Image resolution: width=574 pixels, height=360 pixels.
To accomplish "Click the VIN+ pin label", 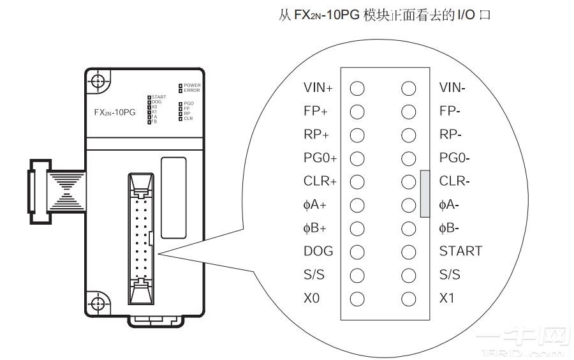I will (x=318, y=87).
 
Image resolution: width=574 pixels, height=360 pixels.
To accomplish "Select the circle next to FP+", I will (x=357, y=111).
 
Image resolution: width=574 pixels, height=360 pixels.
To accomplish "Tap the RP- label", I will (x=450, y=134).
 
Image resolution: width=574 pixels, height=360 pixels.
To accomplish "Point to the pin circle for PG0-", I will (x=409, y=158).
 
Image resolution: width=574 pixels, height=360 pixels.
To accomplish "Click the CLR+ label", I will (x=320, y=181).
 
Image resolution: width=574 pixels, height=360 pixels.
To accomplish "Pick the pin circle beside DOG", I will (x=357, y=251).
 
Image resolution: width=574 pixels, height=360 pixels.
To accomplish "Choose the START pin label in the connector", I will (x=460, y=251).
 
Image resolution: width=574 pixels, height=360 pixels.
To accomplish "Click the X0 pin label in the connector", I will (x=311, y=298).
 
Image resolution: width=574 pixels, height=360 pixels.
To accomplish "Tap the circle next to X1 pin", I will (x=409, y=298).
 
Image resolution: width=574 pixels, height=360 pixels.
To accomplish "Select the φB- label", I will (x=449, y=228).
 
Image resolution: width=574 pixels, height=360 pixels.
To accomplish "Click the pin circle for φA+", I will (x=357, y=205).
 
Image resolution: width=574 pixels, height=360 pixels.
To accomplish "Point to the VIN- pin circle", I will (x=409, y=87).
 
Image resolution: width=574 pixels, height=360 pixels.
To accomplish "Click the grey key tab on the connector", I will (x=425, y=193).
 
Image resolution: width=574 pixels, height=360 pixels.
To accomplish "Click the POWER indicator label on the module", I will (x=192, y=85).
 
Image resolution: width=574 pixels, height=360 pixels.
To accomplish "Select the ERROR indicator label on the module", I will (x=192, y=91).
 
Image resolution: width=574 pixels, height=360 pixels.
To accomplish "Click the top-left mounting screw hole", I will (x=97, y=81).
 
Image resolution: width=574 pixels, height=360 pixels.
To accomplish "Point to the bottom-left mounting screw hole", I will (x=97, y=303).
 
